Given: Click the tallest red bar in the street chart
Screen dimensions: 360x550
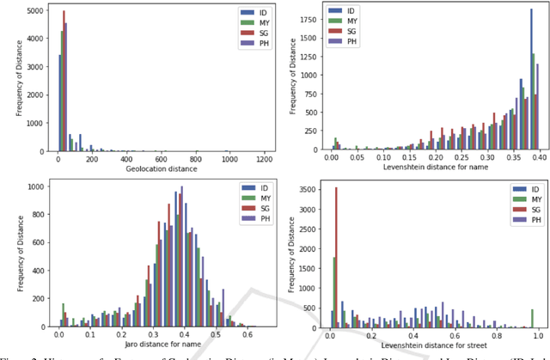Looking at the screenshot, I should click(x=337, y=257).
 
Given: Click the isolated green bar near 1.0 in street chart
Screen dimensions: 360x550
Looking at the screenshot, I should click(x=533, y=318).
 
